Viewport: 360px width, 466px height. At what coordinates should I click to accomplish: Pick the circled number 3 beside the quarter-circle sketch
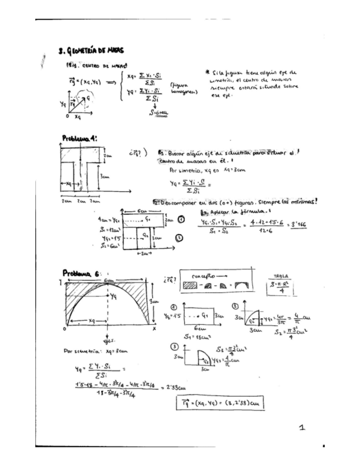(x=175, y=347)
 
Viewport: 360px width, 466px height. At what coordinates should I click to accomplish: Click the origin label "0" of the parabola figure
(x=64, y=329)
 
